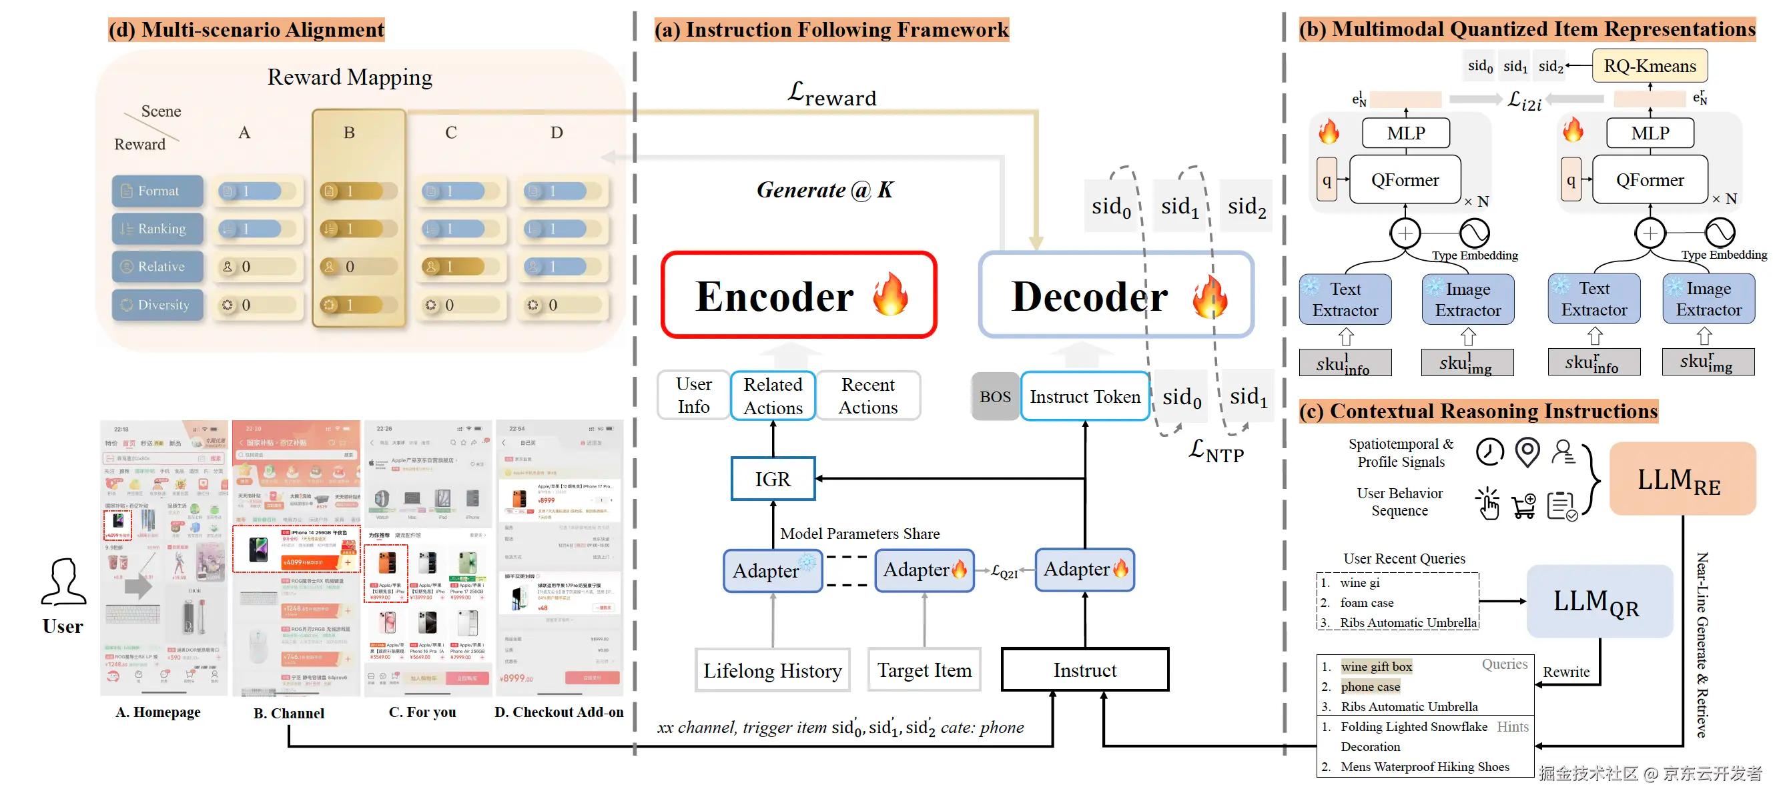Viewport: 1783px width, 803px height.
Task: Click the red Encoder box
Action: [799, 295]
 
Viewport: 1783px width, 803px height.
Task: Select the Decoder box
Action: [1116, 295]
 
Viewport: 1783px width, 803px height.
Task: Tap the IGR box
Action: [773, 479]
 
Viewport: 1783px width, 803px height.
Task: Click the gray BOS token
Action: [995, 396]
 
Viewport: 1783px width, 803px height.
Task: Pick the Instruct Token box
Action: [1084, 396]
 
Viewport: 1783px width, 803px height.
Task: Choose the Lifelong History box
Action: [773, 670]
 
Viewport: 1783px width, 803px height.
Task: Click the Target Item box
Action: [924, 670]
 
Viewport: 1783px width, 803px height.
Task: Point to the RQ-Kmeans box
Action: [1650, 66]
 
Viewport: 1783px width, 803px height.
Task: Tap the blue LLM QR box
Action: [1599, 602]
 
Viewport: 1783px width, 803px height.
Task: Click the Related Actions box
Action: [773, 395]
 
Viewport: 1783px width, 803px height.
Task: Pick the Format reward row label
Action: [157, 191]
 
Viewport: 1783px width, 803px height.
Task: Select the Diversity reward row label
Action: [157, 305]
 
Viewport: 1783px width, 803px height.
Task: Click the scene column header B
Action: [350, 133]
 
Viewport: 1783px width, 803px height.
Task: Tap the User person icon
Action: [63, 582]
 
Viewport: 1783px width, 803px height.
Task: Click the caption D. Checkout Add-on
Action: [559, 712]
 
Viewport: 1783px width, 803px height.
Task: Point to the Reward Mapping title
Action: [350, 77]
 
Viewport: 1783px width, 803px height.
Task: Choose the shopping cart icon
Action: [1524, 506]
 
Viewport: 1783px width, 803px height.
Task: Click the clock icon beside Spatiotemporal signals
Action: [1489, 452]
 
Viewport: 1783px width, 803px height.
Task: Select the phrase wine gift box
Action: [1376, 667]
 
